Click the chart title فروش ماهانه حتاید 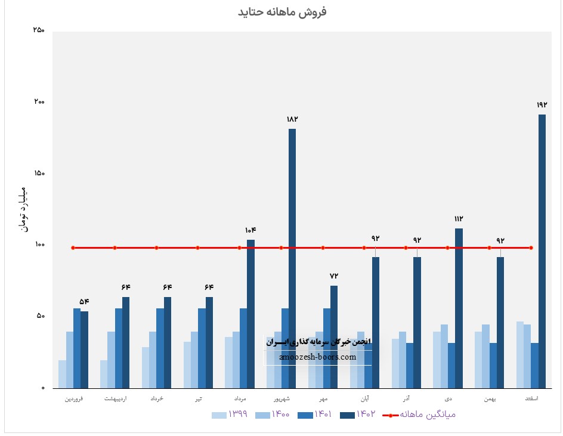283,12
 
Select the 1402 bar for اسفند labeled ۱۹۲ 542,251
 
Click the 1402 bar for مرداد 250,313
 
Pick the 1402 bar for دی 459,307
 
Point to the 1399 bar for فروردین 62,374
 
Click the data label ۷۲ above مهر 334,276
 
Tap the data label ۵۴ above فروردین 84,301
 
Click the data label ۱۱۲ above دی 459,219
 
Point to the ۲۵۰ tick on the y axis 39,30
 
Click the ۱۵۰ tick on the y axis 39,174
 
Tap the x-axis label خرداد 156,398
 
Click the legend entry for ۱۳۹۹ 231,415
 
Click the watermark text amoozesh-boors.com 318,357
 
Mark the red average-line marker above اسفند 531,248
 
